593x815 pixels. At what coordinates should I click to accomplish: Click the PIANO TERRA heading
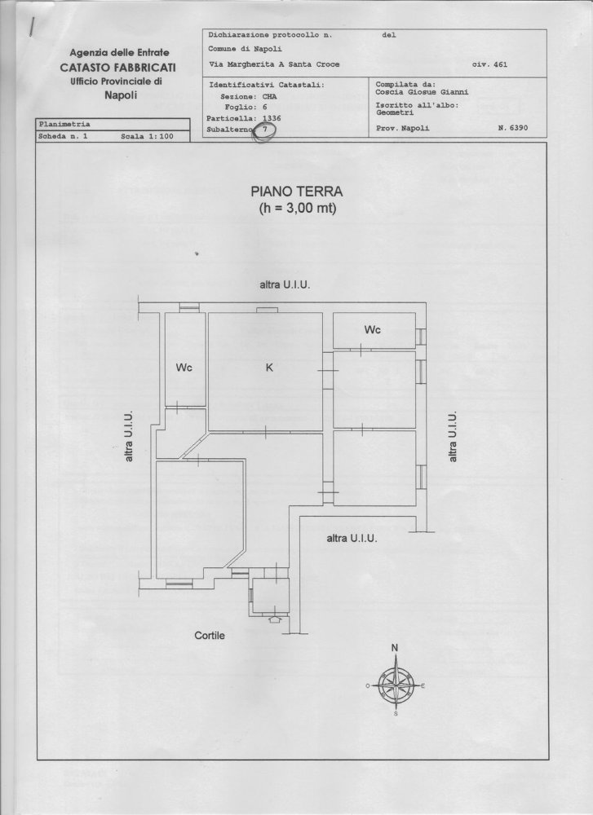(297, 192)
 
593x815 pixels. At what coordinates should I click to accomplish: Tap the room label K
(269, 368)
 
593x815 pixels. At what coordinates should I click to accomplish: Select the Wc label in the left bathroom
(184, 368)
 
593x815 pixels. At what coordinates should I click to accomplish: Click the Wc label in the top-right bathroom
(373, 330)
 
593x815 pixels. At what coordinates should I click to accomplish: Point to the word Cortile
(209, 635)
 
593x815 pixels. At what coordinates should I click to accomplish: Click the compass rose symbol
(396, 685)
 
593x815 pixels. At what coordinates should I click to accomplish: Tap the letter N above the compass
(396, 649)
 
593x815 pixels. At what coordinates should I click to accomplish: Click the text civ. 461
(489, 64)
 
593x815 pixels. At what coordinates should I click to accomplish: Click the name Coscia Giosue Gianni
(417, 92)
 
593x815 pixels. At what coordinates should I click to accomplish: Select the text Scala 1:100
(148, 137)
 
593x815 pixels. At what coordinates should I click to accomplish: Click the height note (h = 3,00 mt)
(297, 209)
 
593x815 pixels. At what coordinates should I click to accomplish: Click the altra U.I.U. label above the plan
(285, 285)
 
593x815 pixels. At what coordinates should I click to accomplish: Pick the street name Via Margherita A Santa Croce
(274, 64)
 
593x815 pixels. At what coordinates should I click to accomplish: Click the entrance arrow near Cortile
(273, 619)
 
